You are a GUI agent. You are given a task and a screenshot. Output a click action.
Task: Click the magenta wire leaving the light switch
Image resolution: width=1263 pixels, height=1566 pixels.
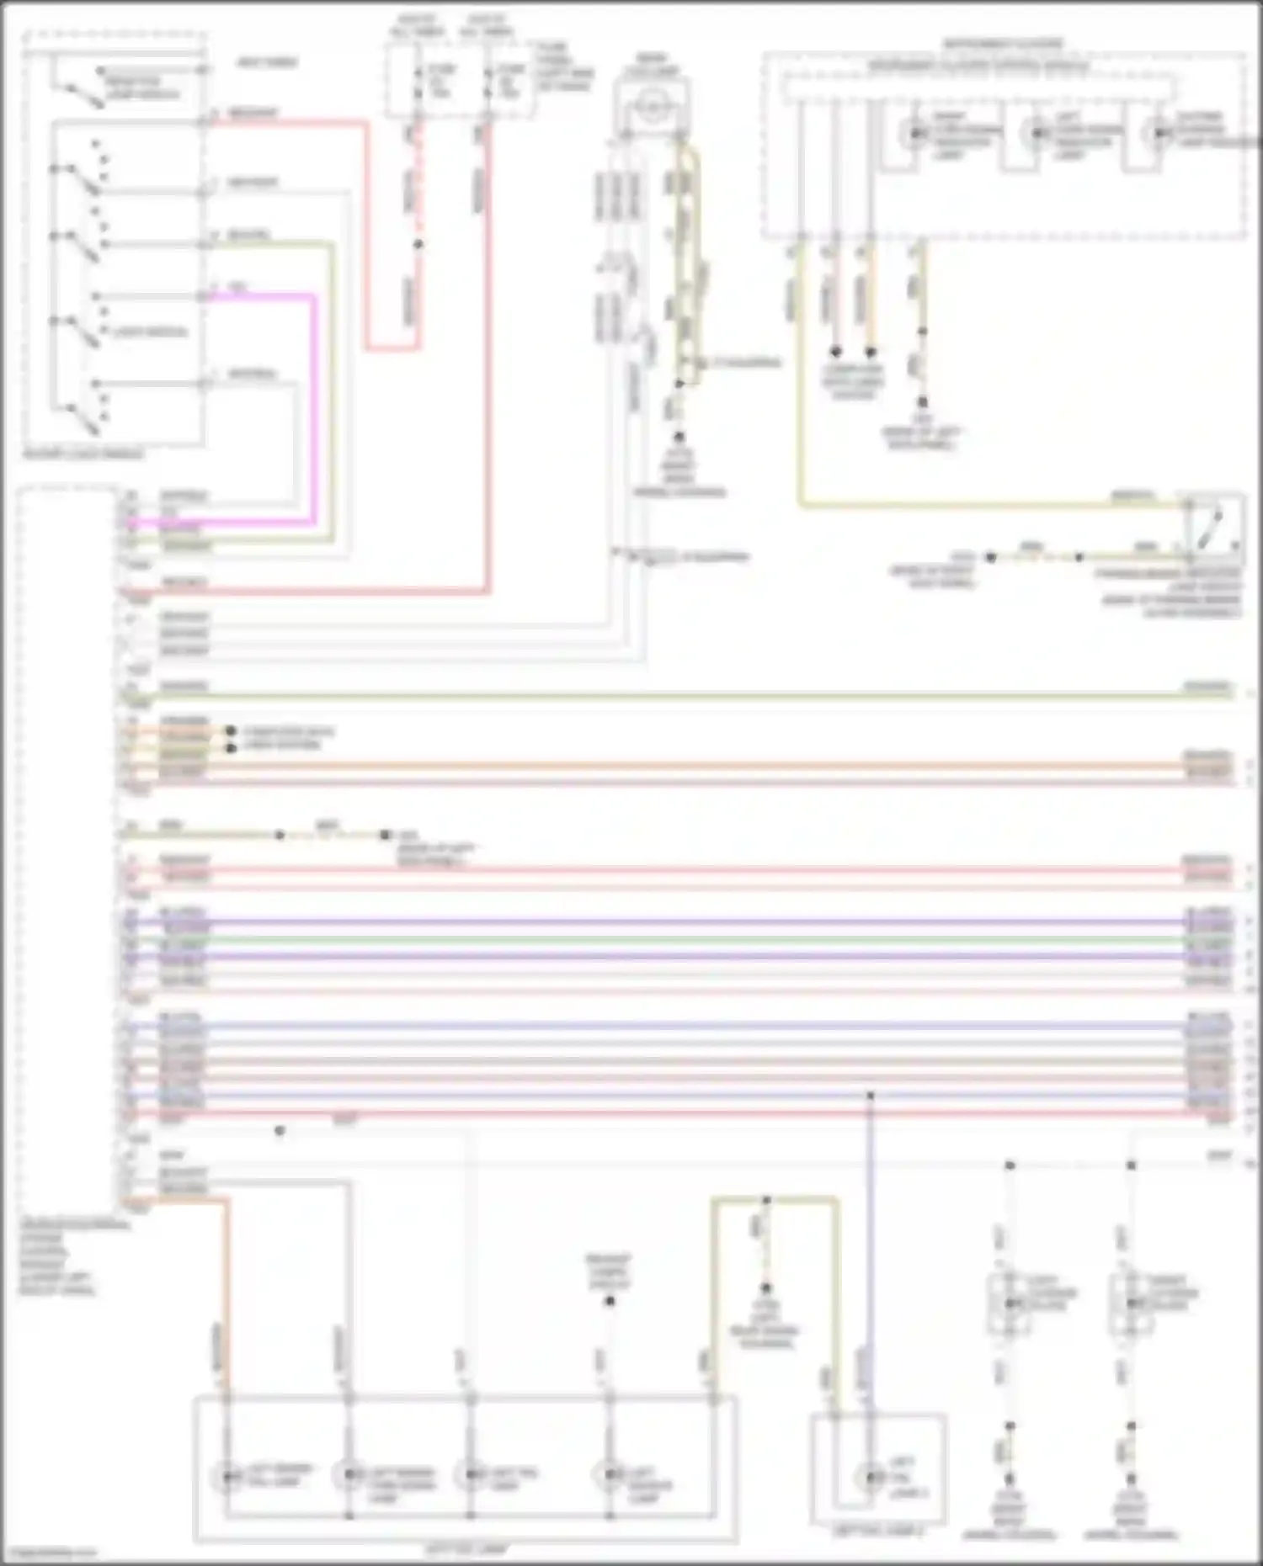tap(313, 404)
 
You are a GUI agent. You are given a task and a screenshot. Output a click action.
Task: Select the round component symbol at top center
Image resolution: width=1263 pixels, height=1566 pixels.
tap(651, 106)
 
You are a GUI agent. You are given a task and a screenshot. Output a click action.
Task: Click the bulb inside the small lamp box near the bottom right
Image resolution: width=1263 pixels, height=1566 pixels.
tap(870, 1477)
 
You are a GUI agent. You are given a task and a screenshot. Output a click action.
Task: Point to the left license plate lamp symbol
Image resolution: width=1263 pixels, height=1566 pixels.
tap(1010, 1303)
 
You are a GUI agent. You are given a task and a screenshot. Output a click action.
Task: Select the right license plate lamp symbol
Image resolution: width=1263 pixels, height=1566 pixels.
tap(1131, 1303)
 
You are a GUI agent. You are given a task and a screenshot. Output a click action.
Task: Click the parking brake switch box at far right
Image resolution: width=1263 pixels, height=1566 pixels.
tap(1213, 528)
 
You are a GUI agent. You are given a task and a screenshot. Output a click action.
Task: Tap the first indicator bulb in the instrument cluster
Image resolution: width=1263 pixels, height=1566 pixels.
tap(915, 134)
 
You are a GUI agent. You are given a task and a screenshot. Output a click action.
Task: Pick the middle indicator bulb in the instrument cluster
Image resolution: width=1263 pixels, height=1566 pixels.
tap(1037, 134)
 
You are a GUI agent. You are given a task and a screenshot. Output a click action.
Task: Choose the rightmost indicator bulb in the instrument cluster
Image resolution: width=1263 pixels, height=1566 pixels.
tap(1159, 134)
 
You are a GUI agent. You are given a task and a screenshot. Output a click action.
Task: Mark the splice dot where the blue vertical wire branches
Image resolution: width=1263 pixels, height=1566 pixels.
tap(871, 1096)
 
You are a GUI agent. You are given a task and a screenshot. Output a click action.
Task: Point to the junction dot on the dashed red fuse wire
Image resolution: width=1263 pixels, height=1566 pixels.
tap(418, 244)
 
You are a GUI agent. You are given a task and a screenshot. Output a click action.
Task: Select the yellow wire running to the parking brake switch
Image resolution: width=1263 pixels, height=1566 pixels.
tap(968, 506)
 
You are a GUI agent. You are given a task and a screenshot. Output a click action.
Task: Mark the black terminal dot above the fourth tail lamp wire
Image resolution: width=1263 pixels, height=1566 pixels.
tap(610, 1301)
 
